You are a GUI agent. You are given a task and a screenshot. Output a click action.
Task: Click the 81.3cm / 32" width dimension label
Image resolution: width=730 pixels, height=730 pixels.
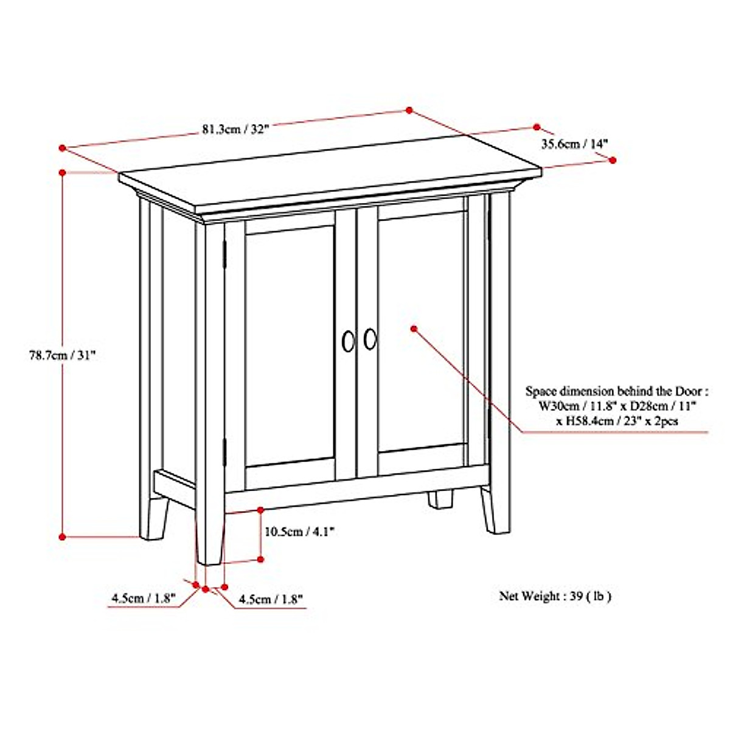point(235,130)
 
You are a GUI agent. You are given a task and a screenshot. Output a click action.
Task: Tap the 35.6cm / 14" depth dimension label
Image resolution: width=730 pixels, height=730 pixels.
point(575,144)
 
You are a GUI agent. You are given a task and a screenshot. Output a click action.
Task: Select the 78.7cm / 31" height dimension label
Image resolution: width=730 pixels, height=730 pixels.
point(63,356)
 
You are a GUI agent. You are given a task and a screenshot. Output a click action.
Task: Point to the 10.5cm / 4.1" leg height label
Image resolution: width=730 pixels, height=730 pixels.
point(300,532)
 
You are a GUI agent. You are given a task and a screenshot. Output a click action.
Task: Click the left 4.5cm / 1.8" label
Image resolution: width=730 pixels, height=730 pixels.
point(143,598)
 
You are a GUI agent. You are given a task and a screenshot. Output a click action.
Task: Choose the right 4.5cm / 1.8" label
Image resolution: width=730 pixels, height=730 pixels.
point(271,599)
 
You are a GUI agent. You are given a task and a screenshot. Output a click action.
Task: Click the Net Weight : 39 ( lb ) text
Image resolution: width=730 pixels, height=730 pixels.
point(555,596)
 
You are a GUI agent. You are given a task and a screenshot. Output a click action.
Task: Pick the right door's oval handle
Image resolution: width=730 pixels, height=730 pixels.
point(370,339)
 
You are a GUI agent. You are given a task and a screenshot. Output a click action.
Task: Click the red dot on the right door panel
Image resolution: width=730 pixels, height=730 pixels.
point(414,328)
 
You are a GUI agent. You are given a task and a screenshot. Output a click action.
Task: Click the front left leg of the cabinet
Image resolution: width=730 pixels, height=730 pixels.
point(210,535)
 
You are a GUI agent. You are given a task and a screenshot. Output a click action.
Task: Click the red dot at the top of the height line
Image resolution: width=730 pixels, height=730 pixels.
point(62,173)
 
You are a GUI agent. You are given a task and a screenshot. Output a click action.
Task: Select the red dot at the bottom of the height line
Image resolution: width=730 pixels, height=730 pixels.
point(62,536)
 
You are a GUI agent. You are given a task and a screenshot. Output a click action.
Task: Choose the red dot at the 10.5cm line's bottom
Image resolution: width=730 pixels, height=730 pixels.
point(260,558)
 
